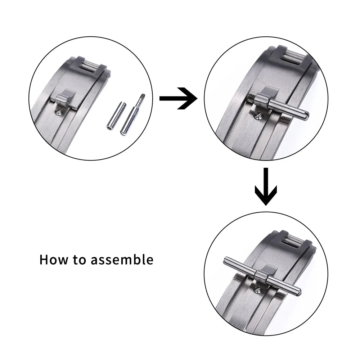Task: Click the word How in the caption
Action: pos(54,260)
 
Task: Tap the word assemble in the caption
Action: pos(122,260)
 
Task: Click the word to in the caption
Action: pos(80,260)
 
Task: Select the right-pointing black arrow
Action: pos(178,98)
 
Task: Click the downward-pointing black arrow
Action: pos(266,186)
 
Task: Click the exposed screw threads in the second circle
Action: pos(252,98)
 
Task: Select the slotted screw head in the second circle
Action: pos(257,116)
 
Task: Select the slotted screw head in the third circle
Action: pos(257,291)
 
